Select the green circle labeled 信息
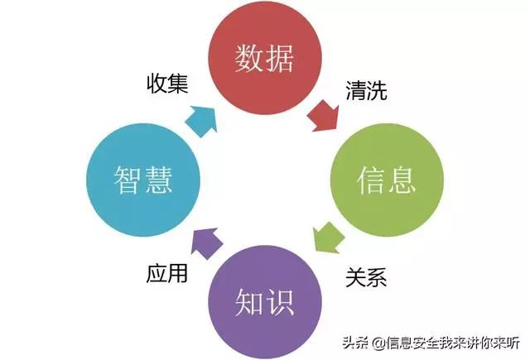tap(387, 180)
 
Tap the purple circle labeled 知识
tap(265, 301)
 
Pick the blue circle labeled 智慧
tap(143, 180)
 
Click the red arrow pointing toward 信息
tap(324, 116)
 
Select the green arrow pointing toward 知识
tap(327, 238)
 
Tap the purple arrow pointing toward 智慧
tap(206, 242)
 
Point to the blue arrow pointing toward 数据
tap(202, 121)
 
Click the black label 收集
tap(167, 84)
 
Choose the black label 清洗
tap(366, 90)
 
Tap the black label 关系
tap(366, 277)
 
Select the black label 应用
tap(167, 273)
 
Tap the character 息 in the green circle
tap(402, 180)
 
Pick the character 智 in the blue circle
tap(128, 180)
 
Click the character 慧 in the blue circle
tap(158, 180)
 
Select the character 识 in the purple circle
tap(280, 302)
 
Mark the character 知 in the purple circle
tap(249, 302)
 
